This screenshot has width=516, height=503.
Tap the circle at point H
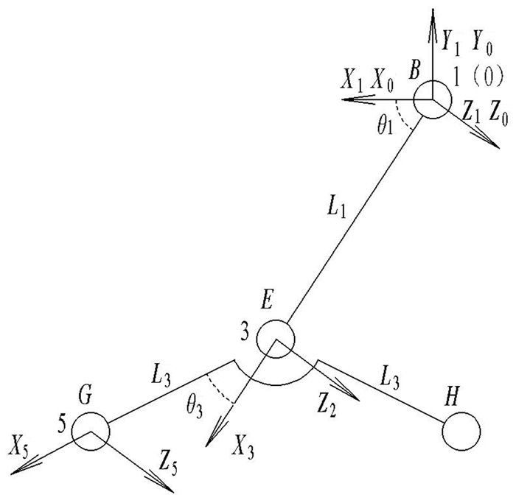(x=461, y=429)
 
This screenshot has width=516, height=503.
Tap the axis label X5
(x=21, y=445)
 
